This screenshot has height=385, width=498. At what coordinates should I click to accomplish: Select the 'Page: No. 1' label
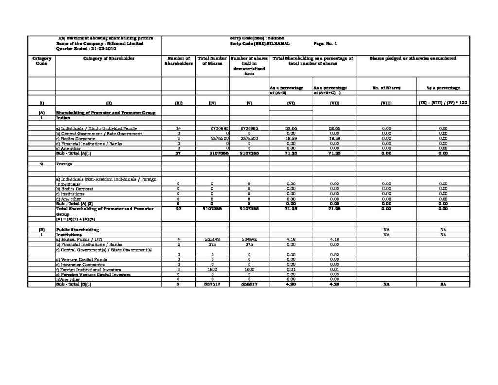click(x=329, y=43)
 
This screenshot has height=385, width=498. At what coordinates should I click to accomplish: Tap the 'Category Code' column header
click(x=41, y=61)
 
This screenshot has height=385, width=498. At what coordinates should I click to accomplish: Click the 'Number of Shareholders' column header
click(x=178, y=61)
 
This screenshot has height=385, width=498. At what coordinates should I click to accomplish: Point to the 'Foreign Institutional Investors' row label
click(x=88, y=269)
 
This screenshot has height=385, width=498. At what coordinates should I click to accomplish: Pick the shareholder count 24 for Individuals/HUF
click(x=178, y=128)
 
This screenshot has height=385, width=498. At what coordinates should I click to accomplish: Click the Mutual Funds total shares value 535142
click(x=212, y=239)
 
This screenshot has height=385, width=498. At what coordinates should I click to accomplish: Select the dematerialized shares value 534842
click(x=249, y=239)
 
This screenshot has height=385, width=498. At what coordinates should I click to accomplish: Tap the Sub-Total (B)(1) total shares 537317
click(x=212, y=284)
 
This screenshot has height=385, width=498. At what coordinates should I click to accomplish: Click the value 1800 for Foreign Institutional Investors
click(x=212, y=269)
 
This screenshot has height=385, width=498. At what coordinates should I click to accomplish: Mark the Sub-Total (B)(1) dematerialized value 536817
click(x=249, y=284)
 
